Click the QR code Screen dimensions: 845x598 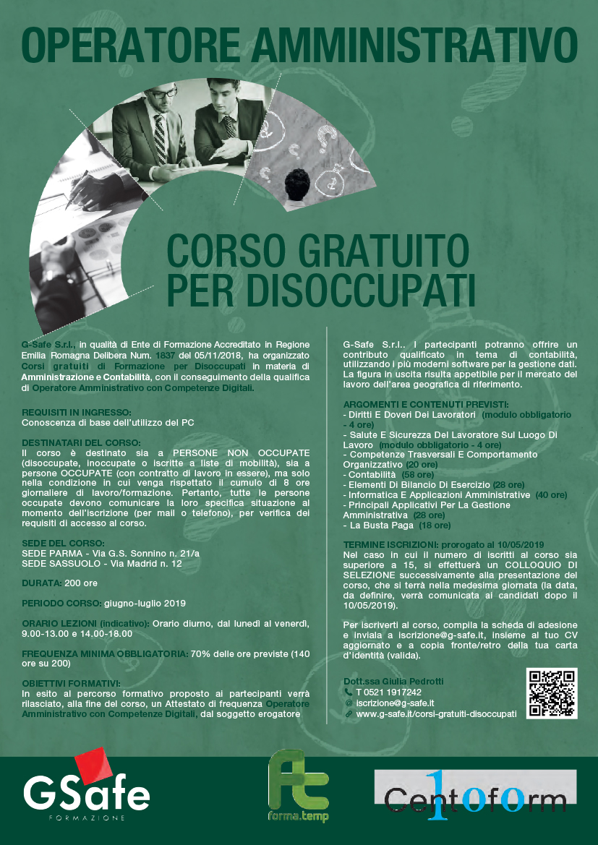[x=552, y=693]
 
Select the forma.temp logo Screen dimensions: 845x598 [x=299, y=786]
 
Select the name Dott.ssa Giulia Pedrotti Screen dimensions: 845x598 [x=393, y=681]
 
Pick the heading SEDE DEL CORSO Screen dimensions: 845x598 [x=64, y=542]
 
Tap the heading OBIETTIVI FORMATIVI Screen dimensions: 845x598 [x=71, y=682]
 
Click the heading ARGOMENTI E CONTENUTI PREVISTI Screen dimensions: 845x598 [x=426, y=403]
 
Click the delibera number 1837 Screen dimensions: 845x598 [x=162, y=356]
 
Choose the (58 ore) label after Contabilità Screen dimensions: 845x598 [x=418, y=474]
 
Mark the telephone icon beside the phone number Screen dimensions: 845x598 [x=348, y=692]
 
